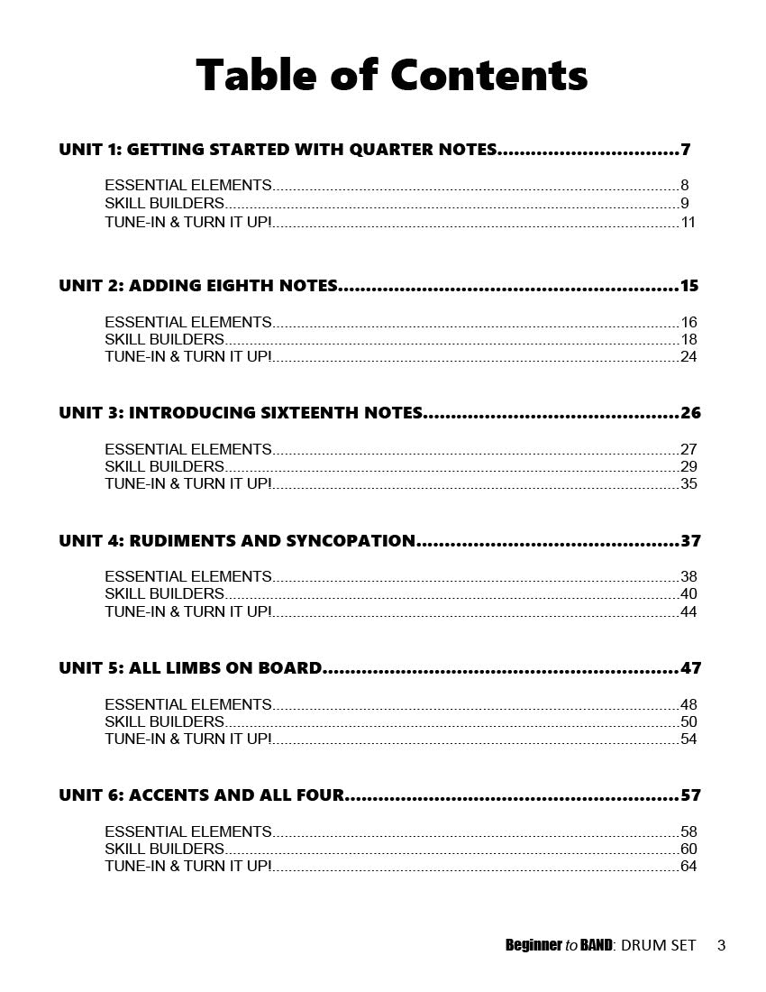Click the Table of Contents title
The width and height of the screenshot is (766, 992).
(x=391, y=75)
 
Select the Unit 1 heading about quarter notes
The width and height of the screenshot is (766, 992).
(x=278, y=150)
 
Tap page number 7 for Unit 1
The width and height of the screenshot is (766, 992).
(x=686, y=150)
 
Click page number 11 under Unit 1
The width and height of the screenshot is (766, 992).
(x=688, y=222)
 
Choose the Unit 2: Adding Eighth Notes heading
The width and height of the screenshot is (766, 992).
(x=198, y=286)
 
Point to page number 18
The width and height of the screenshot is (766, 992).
(x=688, y=340)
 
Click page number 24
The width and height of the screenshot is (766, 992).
(x=688, y=357)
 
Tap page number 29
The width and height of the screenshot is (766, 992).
(x=688, y=467)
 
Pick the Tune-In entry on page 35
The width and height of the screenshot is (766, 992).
(x=187, y=484)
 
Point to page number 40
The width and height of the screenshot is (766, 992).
(x=688, y=594)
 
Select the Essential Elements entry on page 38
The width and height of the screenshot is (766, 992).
(x=187, y=576)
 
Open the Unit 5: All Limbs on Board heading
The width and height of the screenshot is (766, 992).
(x=190, y=668)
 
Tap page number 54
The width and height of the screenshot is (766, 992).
(x=688, y=739)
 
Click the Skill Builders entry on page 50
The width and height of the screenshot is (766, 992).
(x=164, y=721)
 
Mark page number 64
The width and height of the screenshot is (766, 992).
(x=688, y=867)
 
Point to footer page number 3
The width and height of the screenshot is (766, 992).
(x=721, y=945)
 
